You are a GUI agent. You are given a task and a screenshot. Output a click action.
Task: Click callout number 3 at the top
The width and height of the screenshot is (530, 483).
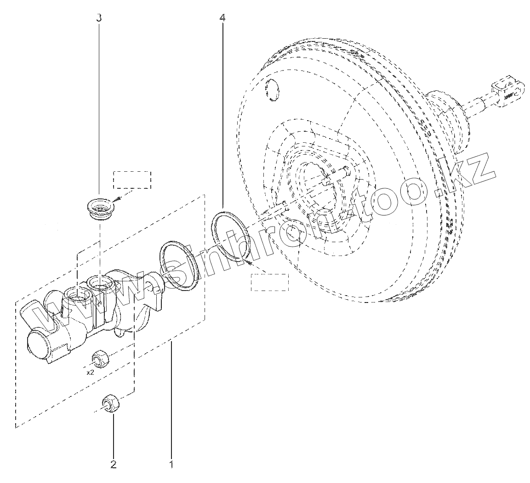[x=99, y=18]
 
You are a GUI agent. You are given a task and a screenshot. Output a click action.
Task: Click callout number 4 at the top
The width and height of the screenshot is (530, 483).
[x=222, y=18]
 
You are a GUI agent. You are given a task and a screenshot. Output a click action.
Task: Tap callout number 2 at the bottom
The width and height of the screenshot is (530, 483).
[x=113, y=464]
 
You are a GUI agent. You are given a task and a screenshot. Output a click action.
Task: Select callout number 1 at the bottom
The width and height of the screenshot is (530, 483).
[x=171, y=464]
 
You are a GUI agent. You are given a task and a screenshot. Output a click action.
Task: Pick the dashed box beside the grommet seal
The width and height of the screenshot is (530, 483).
[x=132, y=180]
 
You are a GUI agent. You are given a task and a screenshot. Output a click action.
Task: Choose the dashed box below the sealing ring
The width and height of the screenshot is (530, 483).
[x=269, y=282]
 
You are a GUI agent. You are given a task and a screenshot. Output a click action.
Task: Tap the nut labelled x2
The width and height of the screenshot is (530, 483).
[x=99, y=358]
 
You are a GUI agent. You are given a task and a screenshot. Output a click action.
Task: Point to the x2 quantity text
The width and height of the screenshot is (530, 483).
[x=91, y=372]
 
